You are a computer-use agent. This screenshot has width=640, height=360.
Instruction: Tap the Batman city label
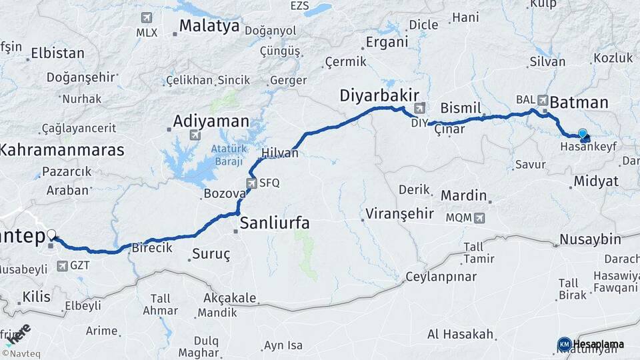578,103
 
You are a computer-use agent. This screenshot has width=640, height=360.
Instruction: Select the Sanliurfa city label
275,223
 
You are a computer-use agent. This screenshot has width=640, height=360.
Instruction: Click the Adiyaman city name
211,121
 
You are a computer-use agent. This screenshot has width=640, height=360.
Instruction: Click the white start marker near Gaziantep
52,235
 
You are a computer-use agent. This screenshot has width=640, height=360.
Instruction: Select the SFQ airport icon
251,183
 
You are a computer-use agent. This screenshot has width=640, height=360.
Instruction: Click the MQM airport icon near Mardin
479,217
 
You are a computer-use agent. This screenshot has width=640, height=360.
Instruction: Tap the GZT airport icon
62,266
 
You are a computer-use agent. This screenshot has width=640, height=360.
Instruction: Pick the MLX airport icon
146,17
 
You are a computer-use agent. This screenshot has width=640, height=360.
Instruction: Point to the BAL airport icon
543,99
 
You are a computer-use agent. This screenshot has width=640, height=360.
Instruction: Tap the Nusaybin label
590,239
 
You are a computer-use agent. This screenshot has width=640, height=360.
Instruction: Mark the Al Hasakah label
460,334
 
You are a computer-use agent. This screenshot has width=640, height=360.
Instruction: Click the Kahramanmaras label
61,150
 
